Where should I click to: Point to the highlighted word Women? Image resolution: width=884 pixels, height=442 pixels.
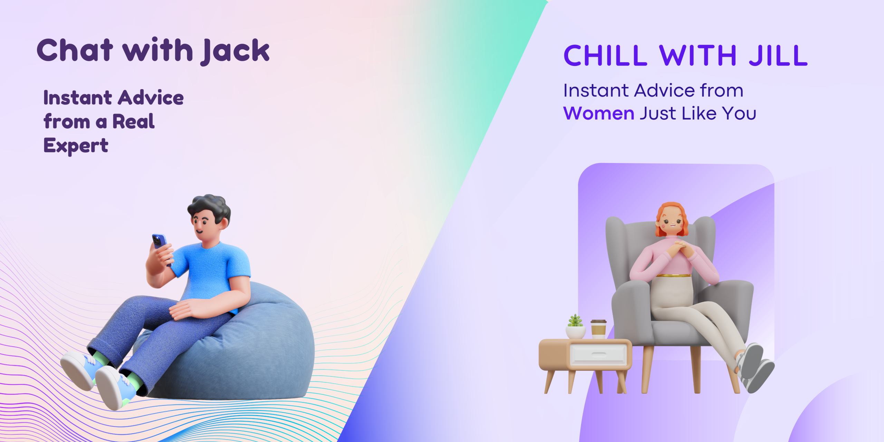[599, 113]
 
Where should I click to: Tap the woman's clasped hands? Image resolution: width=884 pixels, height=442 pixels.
[679, 249]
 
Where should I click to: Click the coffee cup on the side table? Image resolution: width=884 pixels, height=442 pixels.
[598, 329]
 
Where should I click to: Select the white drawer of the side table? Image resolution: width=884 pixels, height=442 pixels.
[598, 354]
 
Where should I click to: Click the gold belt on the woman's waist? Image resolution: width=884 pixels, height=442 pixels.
[674, 276]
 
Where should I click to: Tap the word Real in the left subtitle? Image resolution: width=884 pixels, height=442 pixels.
[134, 122]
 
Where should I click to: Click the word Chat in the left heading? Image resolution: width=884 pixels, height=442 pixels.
[75, 50]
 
